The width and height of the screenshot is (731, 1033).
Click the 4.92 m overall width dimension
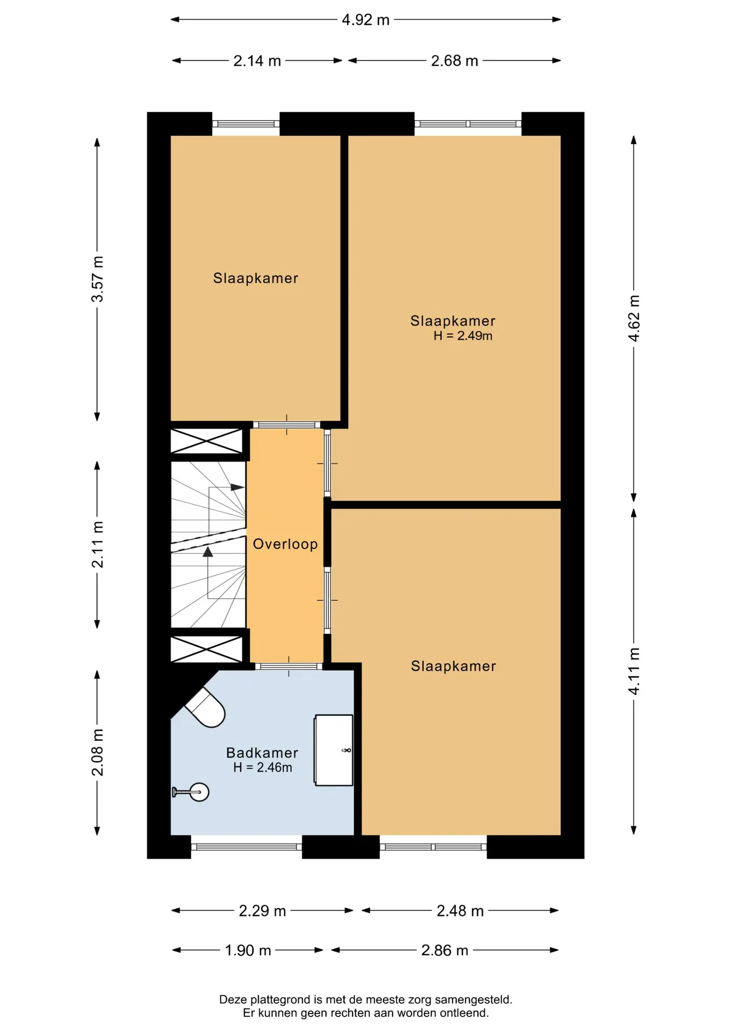pyautogui.click(x=365, y=20)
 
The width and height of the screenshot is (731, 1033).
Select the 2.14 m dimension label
pyautogui.click(x=257, y=61)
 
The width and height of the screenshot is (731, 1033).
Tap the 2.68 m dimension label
pyautogui.click(x=454, y=61)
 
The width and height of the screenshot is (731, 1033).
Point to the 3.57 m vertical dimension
pyautogui.click(x=97, y=279)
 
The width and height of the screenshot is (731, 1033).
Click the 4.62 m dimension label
pyautogui.click(x=634, y=318)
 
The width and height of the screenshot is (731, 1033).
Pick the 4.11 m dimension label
pyautogui.click(x=634, y=671)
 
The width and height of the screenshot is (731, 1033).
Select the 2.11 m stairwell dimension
pyautogui.click(x=97, y=544)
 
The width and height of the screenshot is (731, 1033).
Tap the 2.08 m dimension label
pyautogui.click(x=97, y=753)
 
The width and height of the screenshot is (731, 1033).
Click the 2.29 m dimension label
pyautogui.click(x=262, y=911)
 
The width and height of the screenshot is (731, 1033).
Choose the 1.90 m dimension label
pyautogui.click(x=248, y=950)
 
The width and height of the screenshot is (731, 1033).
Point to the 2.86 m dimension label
pyautogui.click(x=445, y=950)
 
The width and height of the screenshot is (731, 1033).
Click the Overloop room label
pyautogui.click(x=285, y=544)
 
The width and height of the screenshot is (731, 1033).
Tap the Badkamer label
pyautogui.click(x=262, y=753)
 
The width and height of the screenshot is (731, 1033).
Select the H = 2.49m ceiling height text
pyautogui.click(x=463, y=336)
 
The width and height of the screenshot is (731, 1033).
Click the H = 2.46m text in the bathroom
pyautogui.click(x=263, y=768)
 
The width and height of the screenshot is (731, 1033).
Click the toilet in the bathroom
pyautogui.click(x=205, y=707)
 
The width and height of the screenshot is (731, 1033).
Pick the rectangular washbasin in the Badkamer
pyautogui.click(x=334, y=750)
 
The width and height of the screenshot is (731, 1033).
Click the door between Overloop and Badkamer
pyautogui.click(x=289, y=667)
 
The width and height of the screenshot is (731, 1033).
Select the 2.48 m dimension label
pyautogui.click(x=460, y=911)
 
